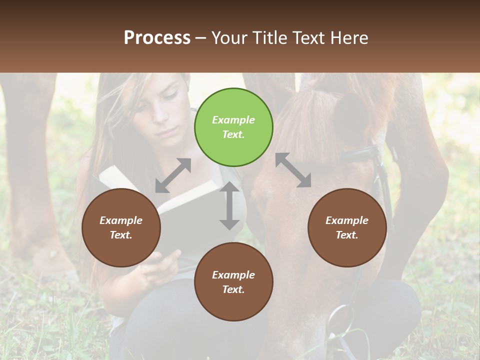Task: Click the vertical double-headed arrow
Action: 229,205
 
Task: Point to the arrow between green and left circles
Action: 173,175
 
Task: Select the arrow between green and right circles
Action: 293,170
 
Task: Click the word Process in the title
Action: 157,37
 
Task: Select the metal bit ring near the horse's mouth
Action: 340,320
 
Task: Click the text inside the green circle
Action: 233,127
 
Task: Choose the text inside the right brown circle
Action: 347,227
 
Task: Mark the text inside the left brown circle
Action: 121,227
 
